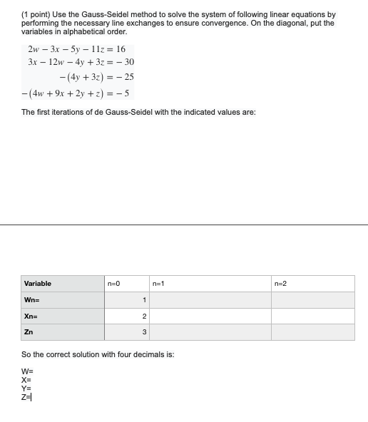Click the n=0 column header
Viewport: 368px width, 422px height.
[x=113, y=284]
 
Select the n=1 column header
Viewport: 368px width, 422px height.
[x=158, y=284]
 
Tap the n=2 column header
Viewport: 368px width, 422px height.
[x=280, y=284]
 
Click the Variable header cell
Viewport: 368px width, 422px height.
[x=38, y=284]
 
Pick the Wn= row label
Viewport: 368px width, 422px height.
[x=31, y=300]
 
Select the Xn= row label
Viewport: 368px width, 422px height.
[x=31, y=316]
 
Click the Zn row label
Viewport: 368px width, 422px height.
[x=29, y=332]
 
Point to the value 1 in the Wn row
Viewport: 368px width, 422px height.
[x=144, y=300]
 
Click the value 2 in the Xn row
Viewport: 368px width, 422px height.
[x=144, y=316]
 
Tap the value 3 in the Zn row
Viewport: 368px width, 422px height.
[x=144, y=332]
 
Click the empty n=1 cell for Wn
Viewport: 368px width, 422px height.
[x=210, y=300]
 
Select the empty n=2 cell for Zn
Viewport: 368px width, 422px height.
[x=312, y=332]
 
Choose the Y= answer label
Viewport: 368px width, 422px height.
[x=27, y=389]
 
